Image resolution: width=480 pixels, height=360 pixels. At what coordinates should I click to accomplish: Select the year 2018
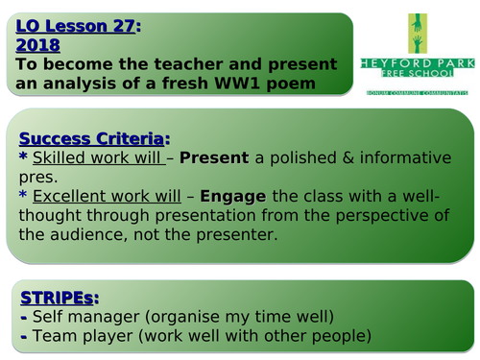tap(37, 45)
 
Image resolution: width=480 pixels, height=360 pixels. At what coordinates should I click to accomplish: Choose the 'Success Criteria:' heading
tap(92, 136)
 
